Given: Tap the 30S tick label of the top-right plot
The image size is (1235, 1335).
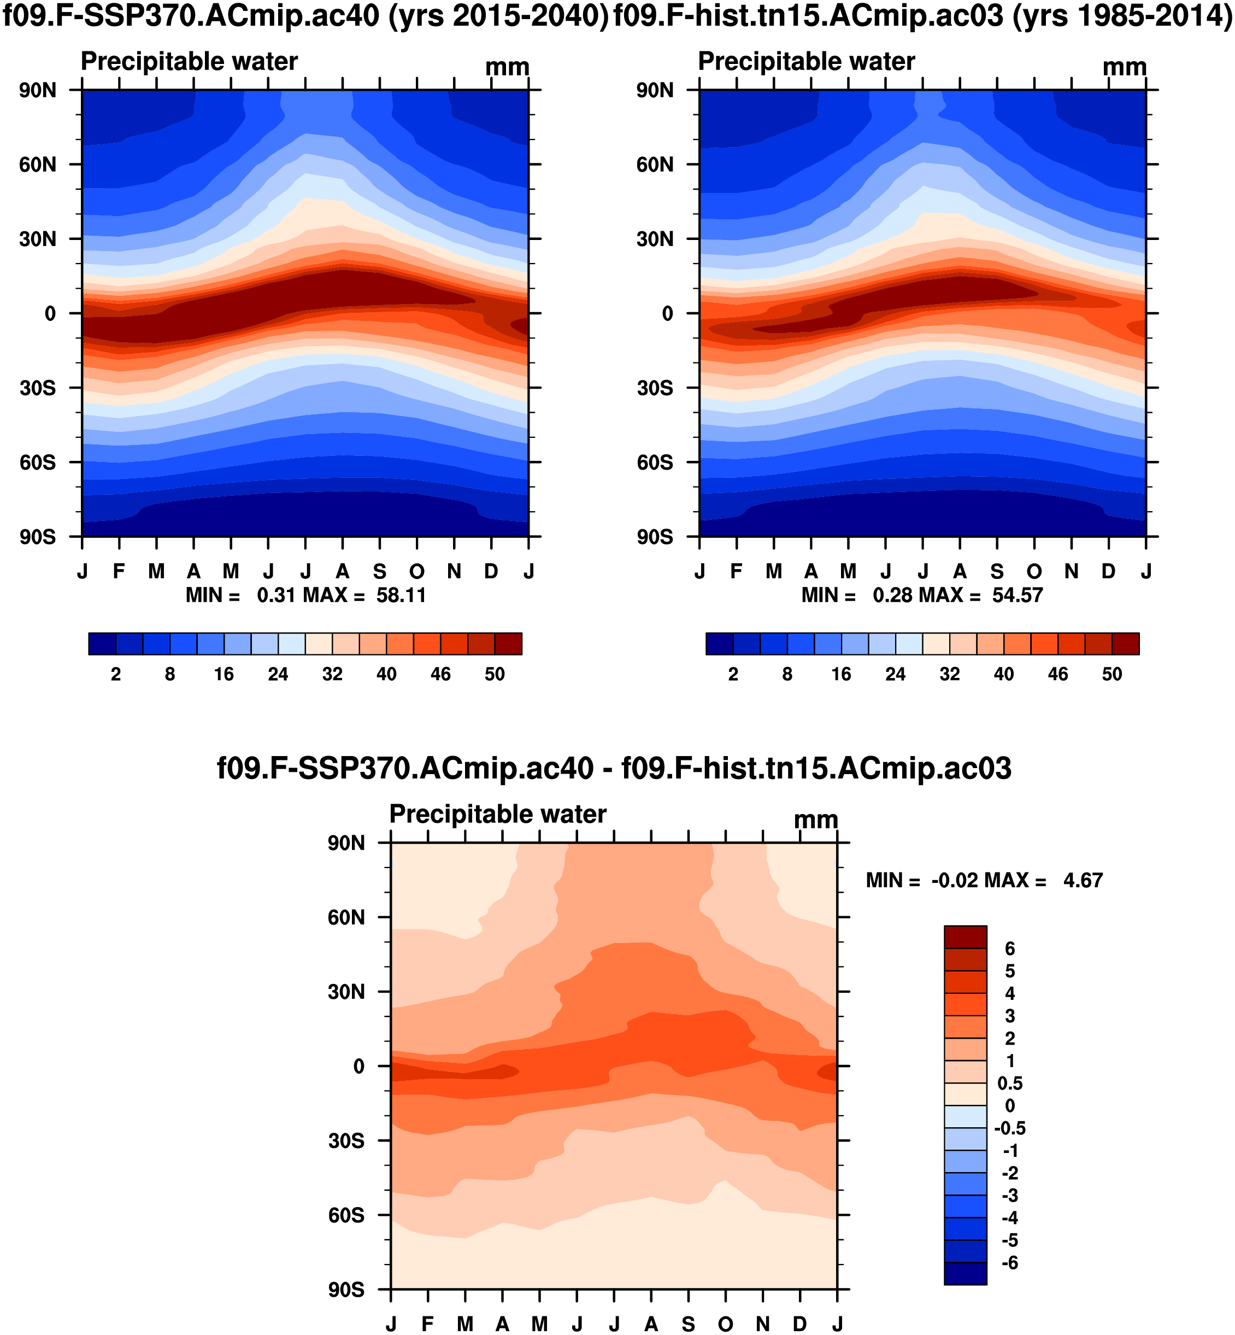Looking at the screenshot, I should pos(655,388).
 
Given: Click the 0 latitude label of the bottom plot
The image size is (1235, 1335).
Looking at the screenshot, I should pos(359,1066).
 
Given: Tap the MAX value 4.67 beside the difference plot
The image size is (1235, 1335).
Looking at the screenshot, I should pos(1083,880).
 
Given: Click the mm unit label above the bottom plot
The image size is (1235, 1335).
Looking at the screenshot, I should pos(815,819).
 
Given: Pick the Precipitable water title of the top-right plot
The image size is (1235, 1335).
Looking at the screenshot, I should pos(806,62).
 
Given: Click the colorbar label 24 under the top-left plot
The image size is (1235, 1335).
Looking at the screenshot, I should pos(278,674).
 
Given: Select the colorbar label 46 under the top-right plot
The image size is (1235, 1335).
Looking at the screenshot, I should pos(1058,674).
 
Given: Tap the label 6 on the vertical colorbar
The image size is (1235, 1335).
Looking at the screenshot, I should pos(1010,948).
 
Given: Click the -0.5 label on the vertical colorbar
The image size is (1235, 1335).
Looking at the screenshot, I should pos(1010,1128).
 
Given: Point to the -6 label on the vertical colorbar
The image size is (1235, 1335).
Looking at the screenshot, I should pos(1010,1263).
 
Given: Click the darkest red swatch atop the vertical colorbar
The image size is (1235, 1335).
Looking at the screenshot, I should pos(965,937).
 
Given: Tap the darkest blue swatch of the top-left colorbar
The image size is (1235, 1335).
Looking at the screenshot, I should pos(102,644).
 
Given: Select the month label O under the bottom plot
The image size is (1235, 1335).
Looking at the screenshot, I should pos(726,1324).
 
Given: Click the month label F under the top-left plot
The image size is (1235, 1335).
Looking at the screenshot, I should pos(119,572).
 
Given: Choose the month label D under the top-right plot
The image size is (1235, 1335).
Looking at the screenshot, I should pos(1109,572).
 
